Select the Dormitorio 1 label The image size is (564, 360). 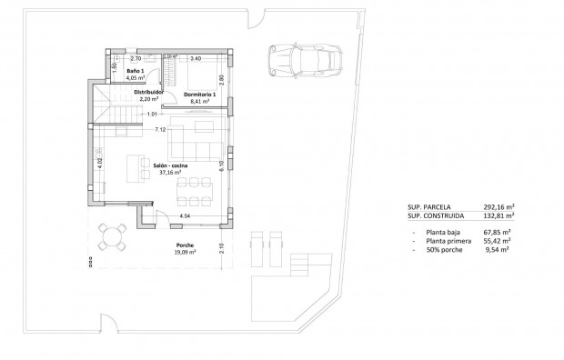click(199, 95)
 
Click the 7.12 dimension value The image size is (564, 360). click(160, 130)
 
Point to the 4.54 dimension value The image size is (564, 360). click(185, 215)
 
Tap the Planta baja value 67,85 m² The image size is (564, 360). click(499, 233)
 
